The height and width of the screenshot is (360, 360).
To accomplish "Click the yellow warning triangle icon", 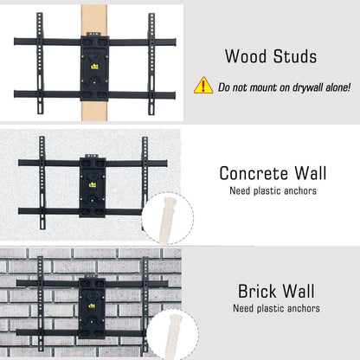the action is pyautogui.click(x=203, y=86).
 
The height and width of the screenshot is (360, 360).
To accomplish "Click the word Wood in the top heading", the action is pyautogui.click(x=246, y=56).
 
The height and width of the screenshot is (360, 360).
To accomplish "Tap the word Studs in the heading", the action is pyautogui.click(x=295, y=56).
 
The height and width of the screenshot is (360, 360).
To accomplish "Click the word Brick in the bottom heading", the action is pyautogui.click(x=256, y=291).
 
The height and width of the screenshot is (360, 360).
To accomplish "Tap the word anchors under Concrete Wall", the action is pyautogui.click(x=300, y=191).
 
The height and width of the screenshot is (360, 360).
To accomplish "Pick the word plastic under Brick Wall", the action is pyautogui.click(x=268, y=308).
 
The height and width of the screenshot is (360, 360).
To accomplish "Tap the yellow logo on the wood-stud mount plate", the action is pyautogui.click(x=94, y=67).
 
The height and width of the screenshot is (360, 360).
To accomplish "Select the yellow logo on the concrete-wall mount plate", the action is pyautogui.click(x=93, y=184).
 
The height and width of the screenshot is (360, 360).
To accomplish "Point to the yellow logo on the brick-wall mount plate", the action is pyautogui.click(x=92, y=305).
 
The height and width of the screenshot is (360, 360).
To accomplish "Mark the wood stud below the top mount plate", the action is pyautogui.click(x=94, y=111).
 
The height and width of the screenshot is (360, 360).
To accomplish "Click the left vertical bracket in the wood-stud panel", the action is pyautogui.click(x=41, y=63).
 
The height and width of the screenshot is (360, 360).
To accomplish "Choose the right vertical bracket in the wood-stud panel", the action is pyautogui.click(x=151, y=64).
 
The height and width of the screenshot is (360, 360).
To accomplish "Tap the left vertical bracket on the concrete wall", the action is pyautogui.click(x=42, y=183).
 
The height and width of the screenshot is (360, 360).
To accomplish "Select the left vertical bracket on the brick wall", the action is pyautogui.click(x=41, y=305).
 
